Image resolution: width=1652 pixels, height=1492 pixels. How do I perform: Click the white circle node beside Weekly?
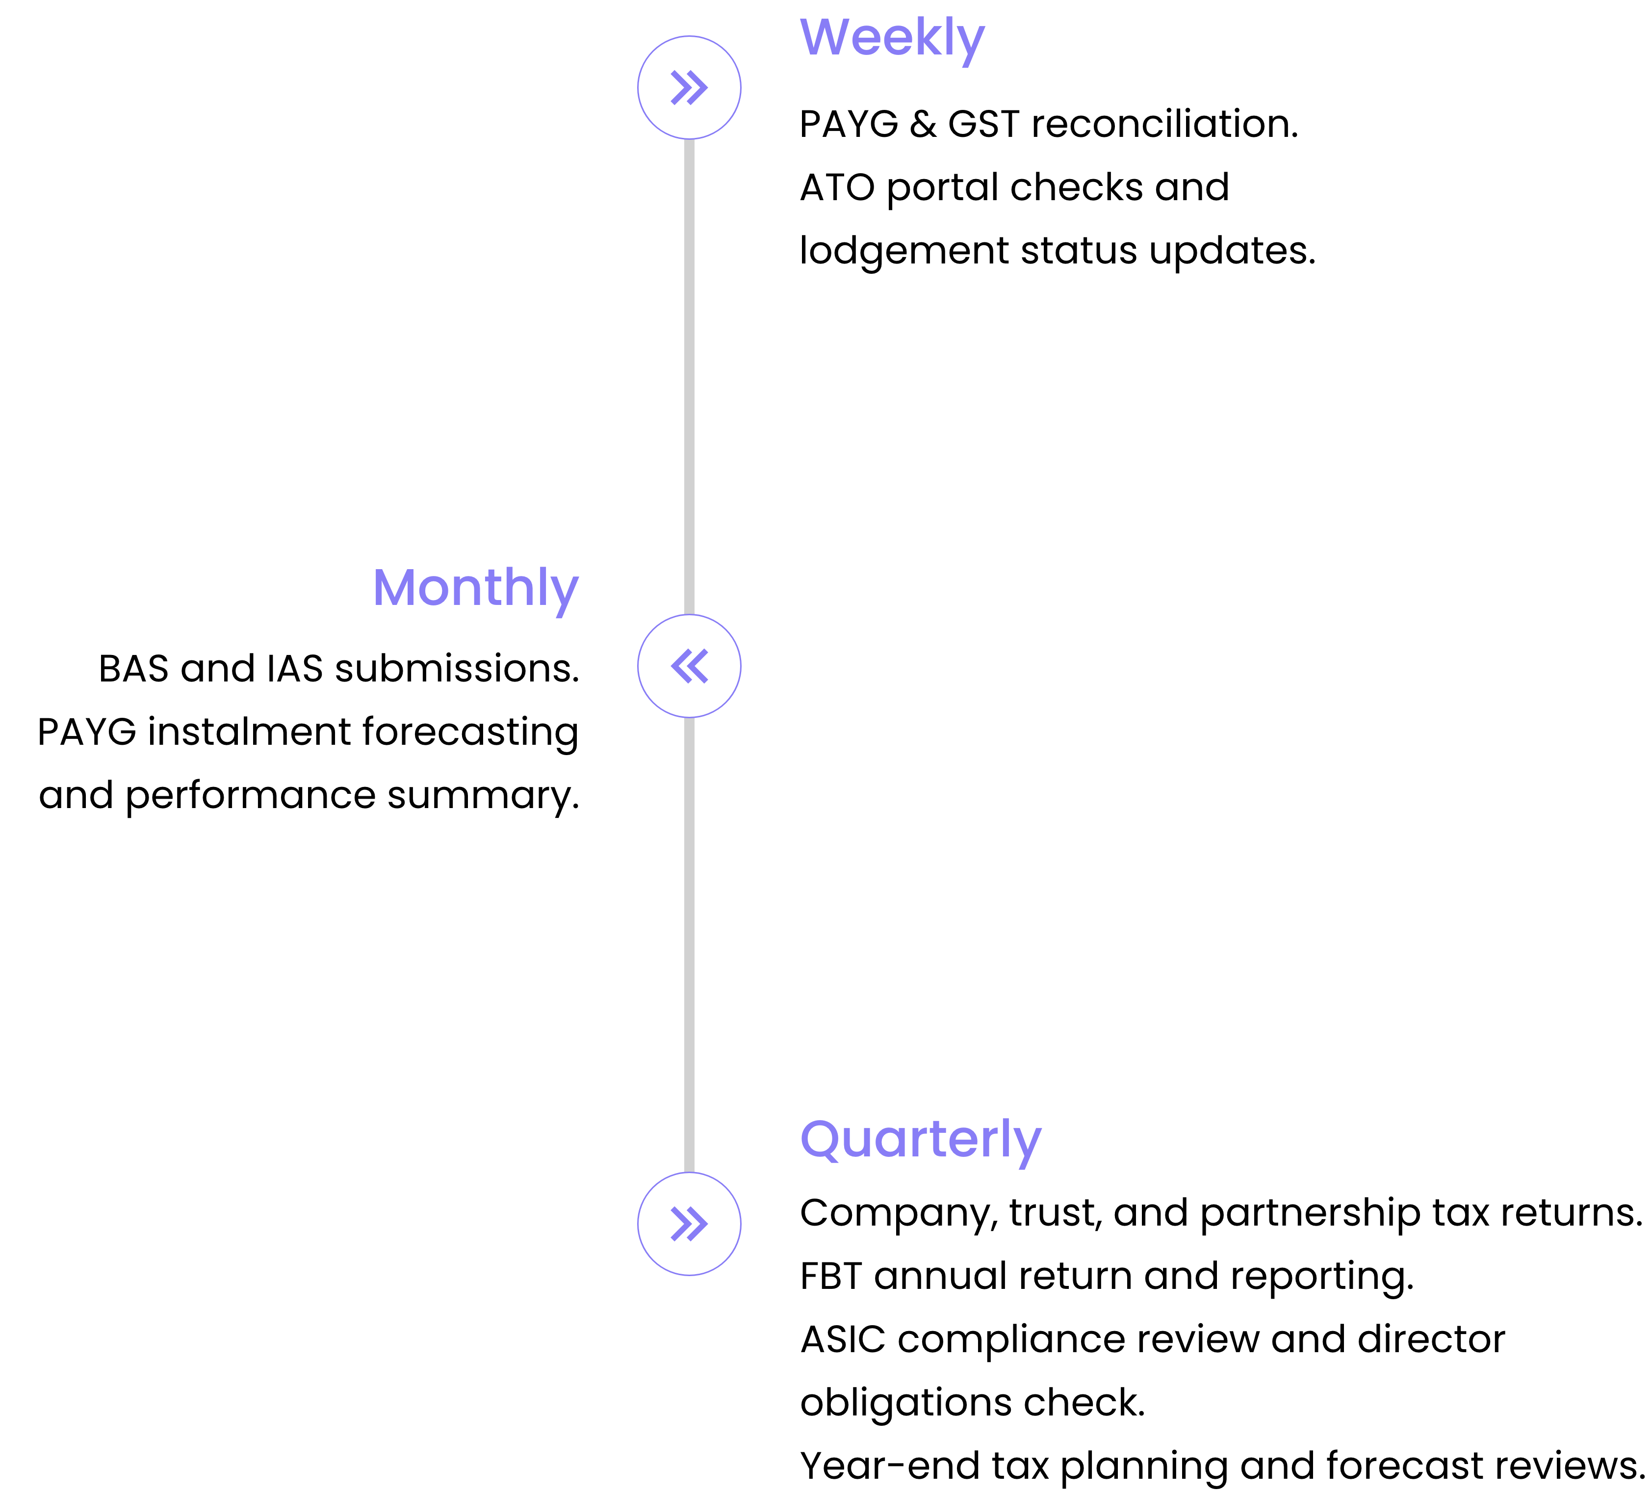coord(689,88)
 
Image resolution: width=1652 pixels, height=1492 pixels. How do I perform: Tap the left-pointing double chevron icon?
coord(689,666)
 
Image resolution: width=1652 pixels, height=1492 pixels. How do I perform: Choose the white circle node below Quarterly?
coord(689,1224)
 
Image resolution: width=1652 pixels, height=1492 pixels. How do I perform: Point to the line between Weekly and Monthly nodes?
coord(689,377)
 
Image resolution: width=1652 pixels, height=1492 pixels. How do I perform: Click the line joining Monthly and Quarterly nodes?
coord(689,943)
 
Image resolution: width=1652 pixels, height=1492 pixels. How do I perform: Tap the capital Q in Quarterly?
coord(821,1140)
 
